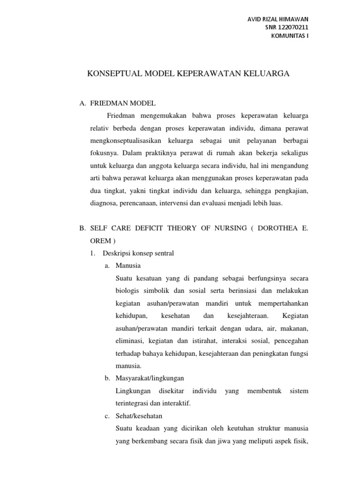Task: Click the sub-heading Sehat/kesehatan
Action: pyautogui.click(x=138, y=416)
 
